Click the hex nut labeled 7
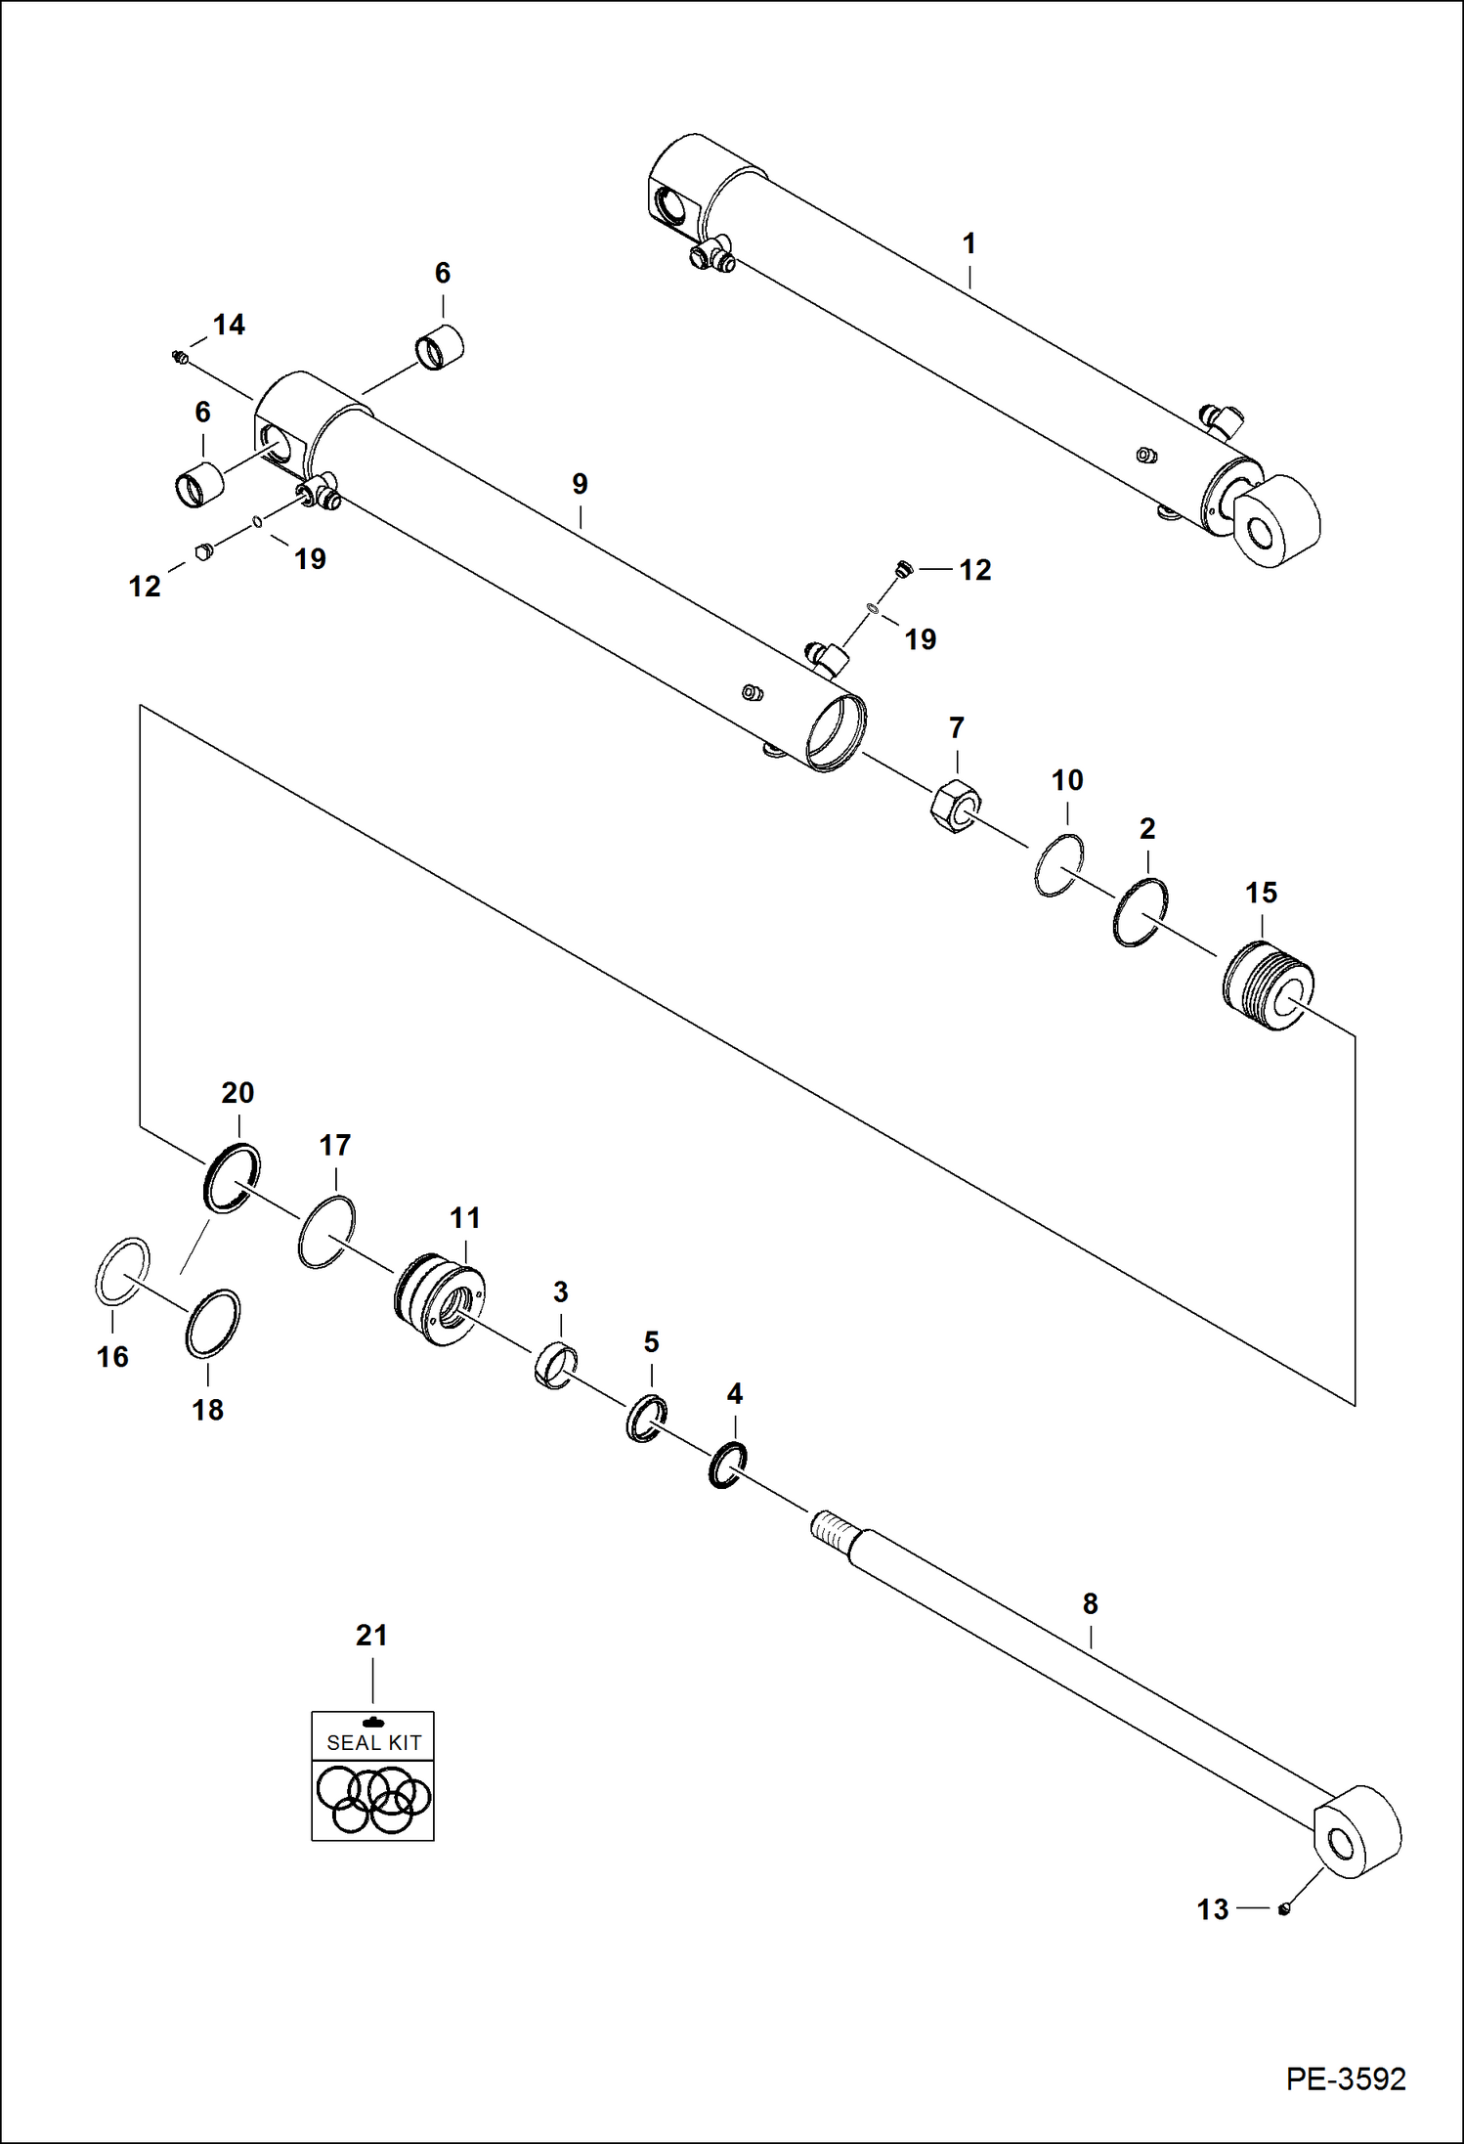tap(953, 807)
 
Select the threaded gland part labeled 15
tap(1268, 985)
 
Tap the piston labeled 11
tap(441, 1298)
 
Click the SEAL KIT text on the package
tap(373, 1742)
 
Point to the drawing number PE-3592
tap(1346, 2078)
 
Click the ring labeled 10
tap(1058, 865)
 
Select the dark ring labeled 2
tap(1140, 912)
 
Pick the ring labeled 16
tap(122, 1270)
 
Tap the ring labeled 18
tap(213, 1324)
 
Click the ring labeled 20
tap(232, 1177)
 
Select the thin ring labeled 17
tap(326, 1232)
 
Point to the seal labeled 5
tap(646, 1419)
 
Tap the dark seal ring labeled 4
tap(727, 1465)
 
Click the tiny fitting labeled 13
tap(1284, 1908)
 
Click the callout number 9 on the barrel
tap(580, 484)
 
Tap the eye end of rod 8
tap(1356, 1833)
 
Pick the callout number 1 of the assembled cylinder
tap(969, 243)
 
